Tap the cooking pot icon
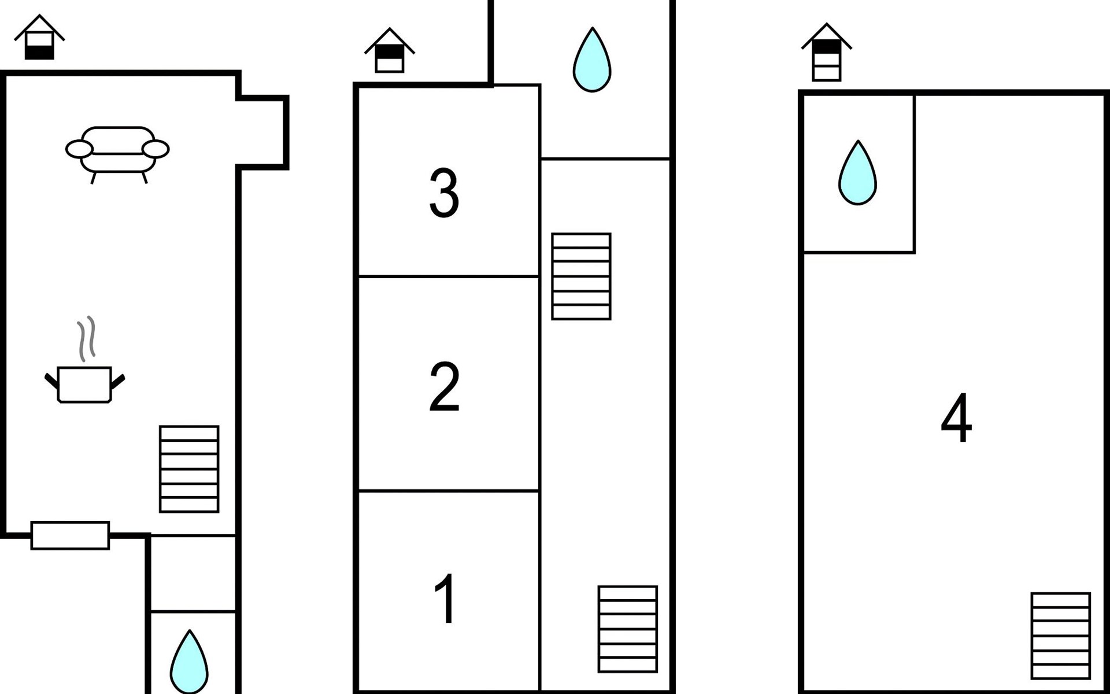[x=84, y=384]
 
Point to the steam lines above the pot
[x=86, y=338]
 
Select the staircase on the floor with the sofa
[x=189, y=469]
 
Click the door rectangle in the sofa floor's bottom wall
[x=70, y=536]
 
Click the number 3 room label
[x=444, y=193]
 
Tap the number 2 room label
[x=444, y=387]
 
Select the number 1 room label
[x=446, y=599]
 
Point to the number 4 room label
[x=956, y=418]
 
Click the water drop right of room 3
[x=592, y=60]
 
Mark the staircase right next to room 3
[x=581, y=276]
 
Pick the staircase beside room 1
[x=628, y=629]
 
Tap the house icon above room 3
[x=389, y=51]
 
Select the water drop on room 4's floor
[x=857, y=173]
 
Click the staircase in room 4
[x=1060, y=636]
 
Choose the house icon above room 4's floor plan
[x=826, y=53]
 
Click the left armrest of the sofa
[x=79, y=149]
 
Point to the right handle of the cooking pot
[x=118, y=381]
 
